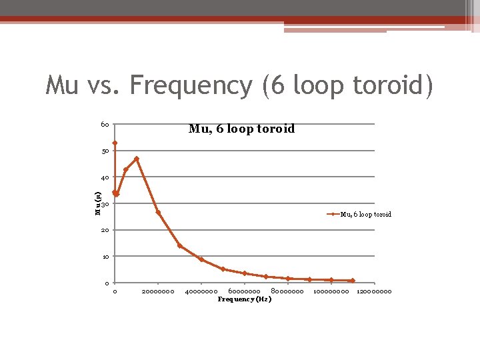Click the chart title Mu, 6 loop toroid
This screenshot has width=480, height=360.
pos(241,129)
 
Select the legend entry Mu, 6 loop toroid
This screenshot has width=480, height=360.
pos(365,214)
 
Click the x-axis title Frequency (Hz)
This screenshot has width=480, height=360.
pos(245,299)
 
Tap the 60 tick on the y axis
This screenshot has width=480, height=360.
pos(105,125)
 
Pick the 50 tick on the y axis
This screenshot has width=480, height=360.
pos(105,151)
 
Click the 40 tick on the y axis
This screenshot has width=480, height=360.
pos(105,177)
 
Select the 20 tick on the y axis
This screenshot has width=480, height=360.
pos(105,230)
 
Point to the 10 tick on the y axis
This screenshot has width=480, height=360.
pos(105,256)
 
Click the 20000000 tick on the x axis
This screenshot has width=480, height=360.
pos(158,291)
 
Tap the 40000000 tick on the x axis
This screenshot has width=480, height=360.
pos(201,291)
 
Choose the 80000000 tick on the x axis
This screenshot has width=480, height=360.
pos(287,291)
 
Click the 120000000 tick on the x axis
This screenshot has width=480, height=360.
pos(374,291)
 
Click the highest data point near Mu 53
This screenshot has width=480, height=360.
pos(115,143)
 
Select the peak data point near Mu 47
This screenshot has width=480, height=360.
pos(137,159)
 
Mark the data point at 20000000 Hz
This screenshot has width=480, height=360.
pos(158,212)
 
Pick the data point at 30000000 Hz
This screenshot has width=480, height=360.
pos(180,245)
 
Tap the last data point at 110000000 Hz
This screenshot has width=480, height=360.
pos(353,280)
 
